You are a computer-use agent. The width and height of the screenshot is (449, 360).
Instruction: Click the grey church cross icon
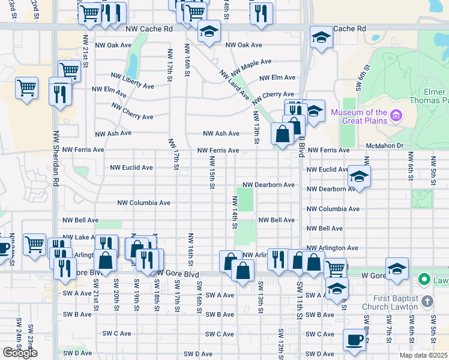(x=427, y=300)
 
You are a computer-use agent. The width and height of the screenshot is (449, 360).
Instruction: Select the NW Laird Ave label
(x=234, y=85)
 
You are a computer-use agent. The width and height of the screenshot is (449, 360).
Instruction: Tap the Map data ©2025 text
(x=423, y=355)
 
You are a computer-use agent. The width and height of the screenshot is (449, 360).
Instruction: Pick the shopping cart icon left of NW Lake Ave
(x=35, y=244)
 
